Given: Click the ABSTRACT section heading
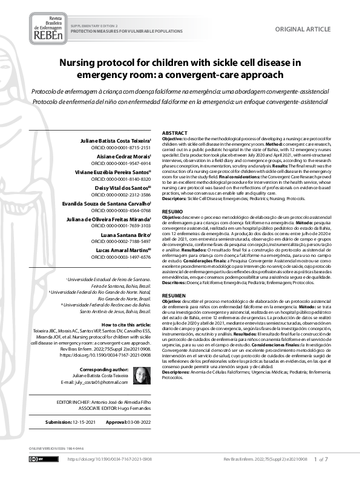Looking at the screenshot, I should coord(175,133).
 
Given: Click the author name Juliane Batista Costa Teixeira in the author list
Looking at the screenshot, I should coord(117,140).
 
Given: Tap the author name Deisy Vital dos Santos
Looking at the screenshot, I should coord(125,187).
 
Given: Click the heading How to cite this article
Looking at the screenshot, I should coord(125,325).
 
